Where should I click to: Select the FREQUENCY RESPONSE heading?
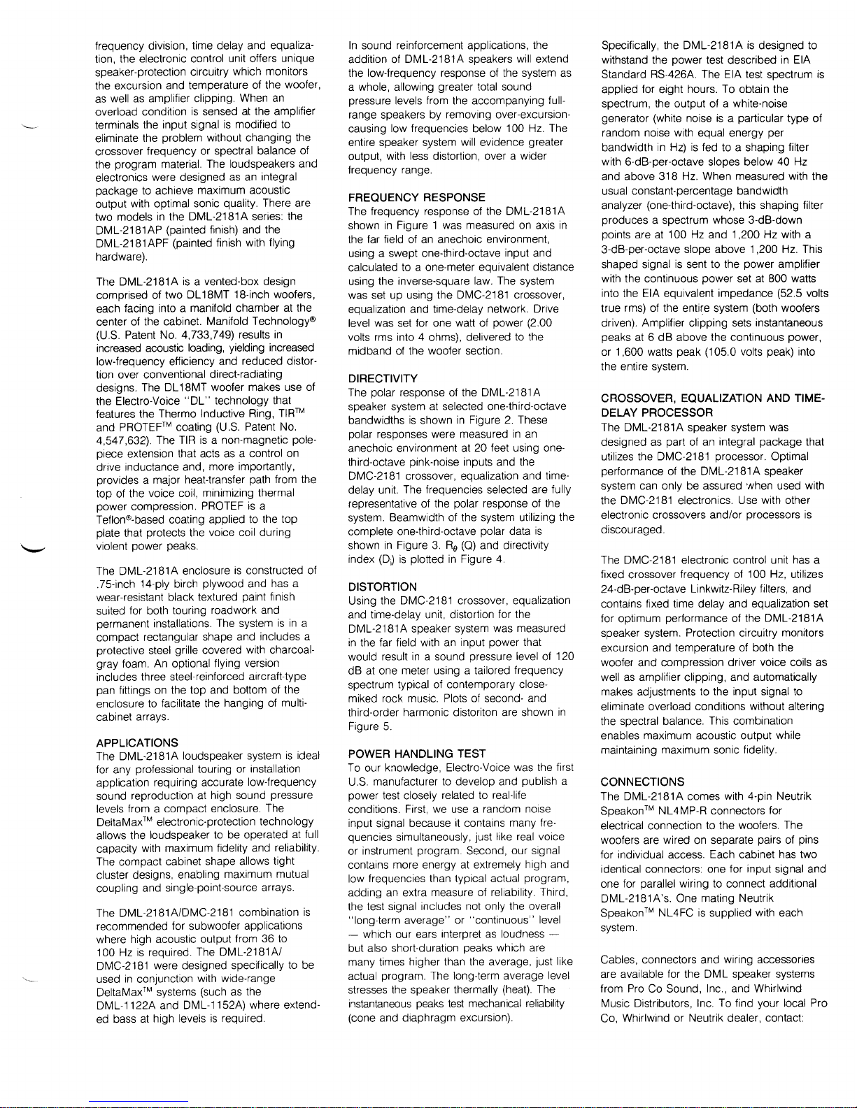pyautogui.click(x=416, y=198)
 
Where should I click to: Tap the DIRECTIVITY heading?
pyautogui.click(x=383, y=378)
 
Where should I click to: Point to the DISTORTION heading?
pyautogui.click(x=382, y=587)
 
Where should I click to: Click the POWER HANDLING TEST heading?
pyautogui.click(x=417, y=754)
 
